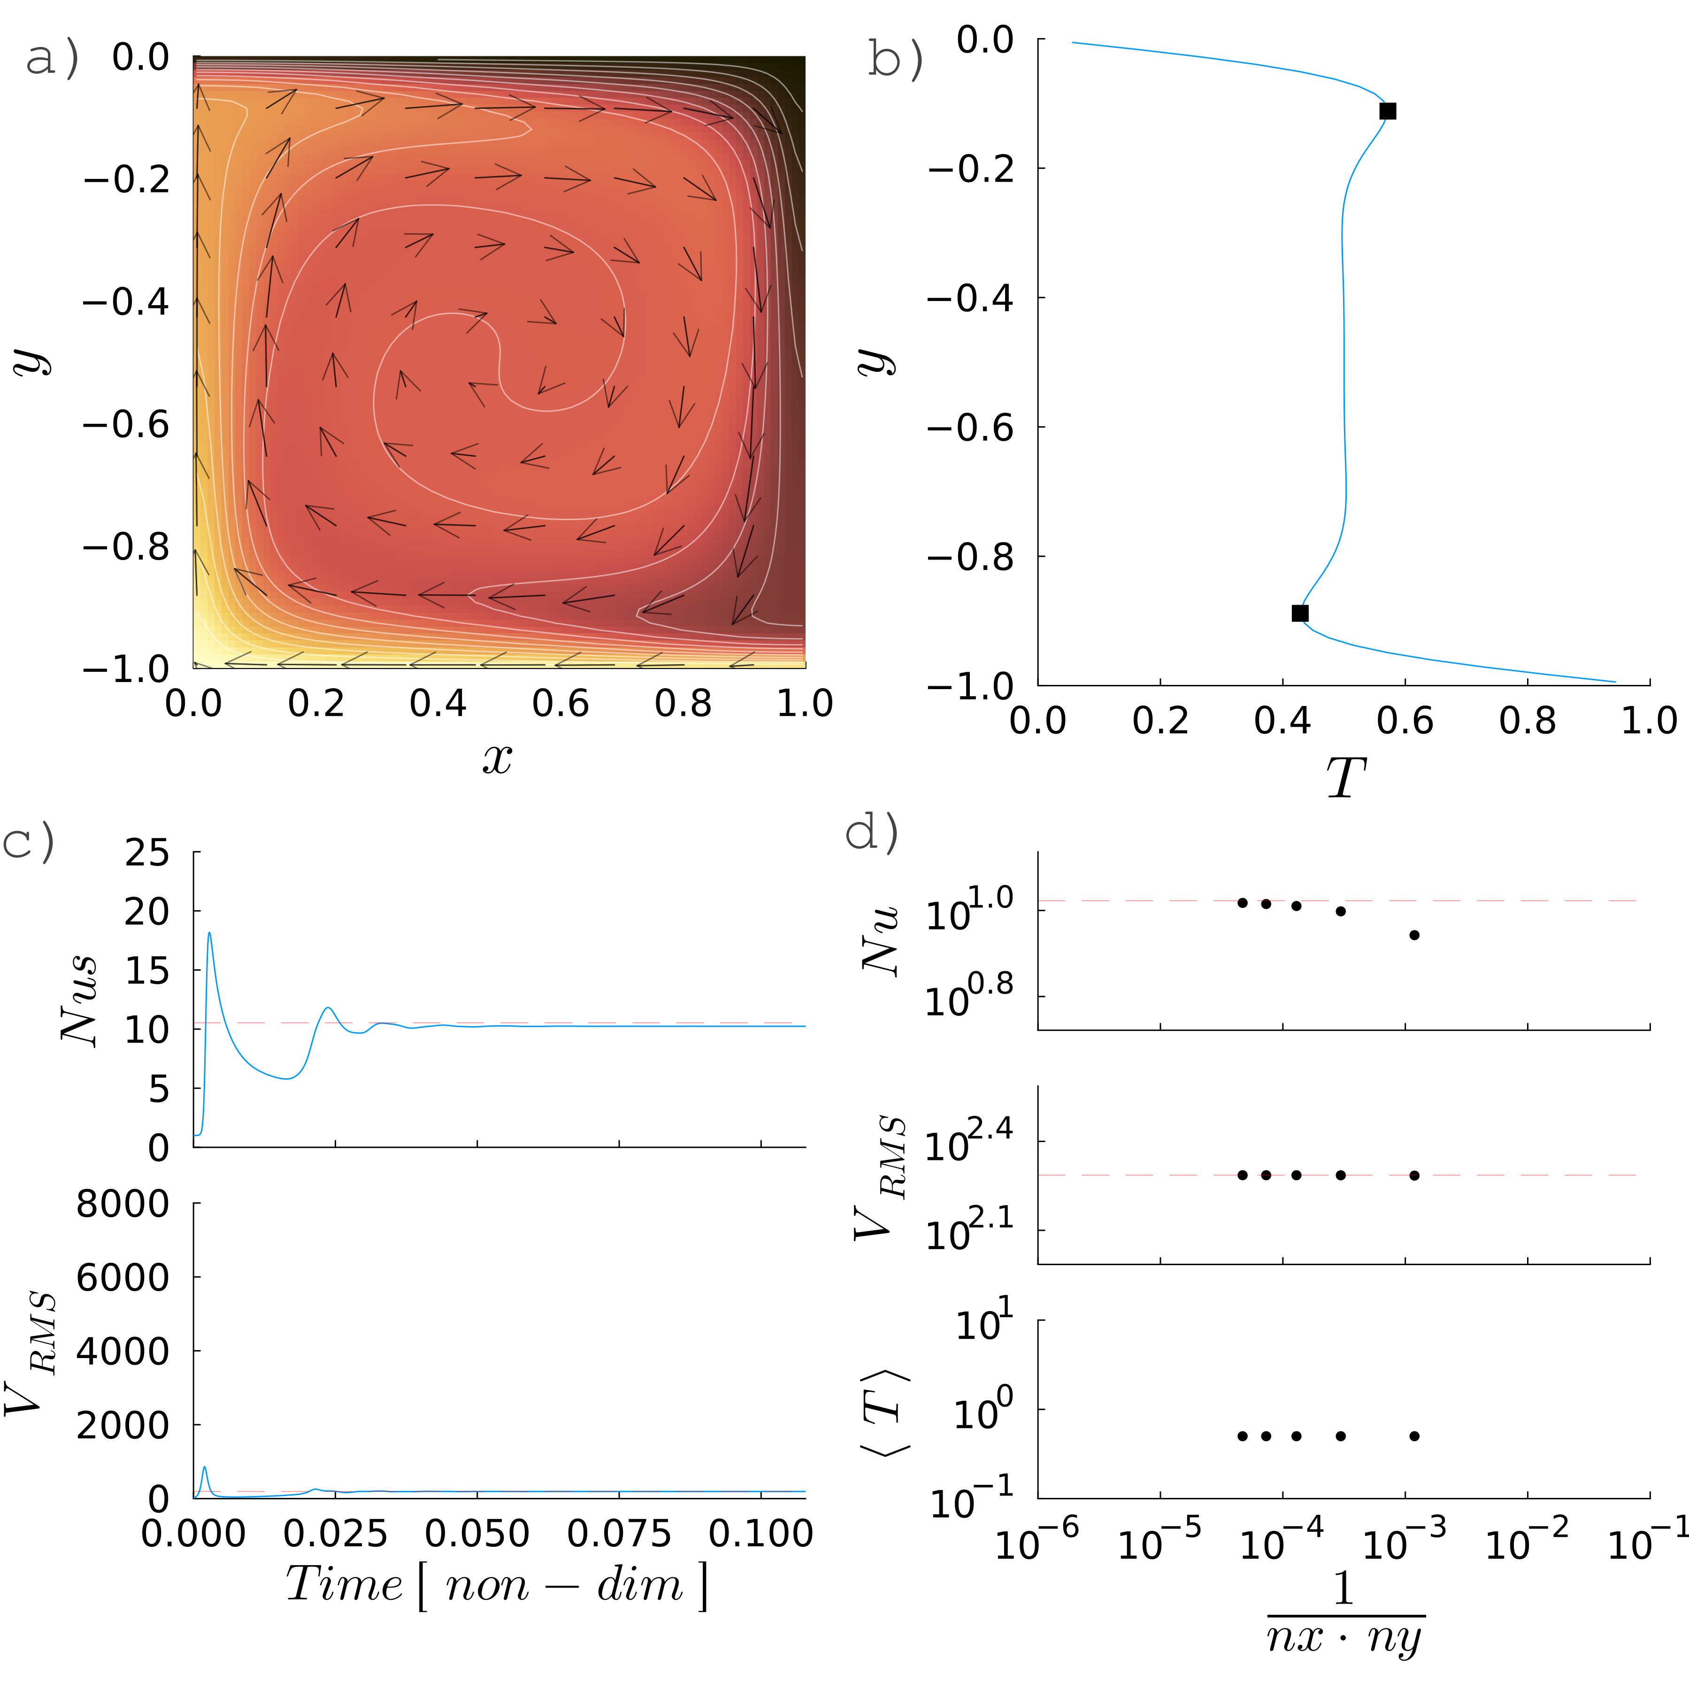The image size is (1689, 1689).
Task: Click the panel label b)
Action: pos(895,60)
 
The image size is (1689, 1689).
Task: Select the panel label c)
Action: pos(29,841)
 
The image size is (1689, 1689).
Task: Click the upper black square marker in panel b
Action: pos(1388,111)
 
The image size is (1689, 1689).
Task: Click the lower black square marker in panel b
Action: pos(1300,613)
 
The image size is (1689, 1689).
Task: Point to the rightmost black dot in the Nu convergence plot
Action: pos(1414,935)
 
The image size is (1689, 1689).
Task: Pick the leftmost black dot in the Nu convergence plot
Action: pos(1242,902)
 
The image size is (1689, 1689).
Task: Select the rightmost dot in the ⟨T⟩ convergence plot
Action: pos(1414,1436)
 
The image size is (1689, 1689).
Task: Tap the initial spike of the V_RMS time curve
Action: pos(205,1468)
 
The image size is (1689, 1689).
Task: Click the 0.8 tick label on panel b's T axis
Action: pos(1527,721)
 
